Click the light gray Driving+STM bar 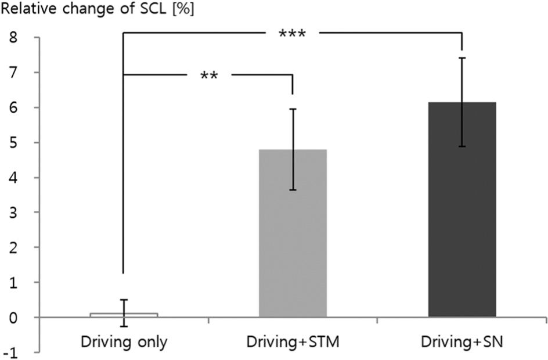click(293, 244)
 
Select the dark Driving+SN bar click(462, 221)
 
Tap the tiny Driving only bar click(124, 315)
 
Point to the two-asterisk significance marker click(208, 76)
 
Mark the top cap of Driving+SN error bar click(462, 58)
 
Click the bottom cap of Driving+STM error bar click(293, 190)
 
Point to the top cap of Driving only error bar click(124, 300)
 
